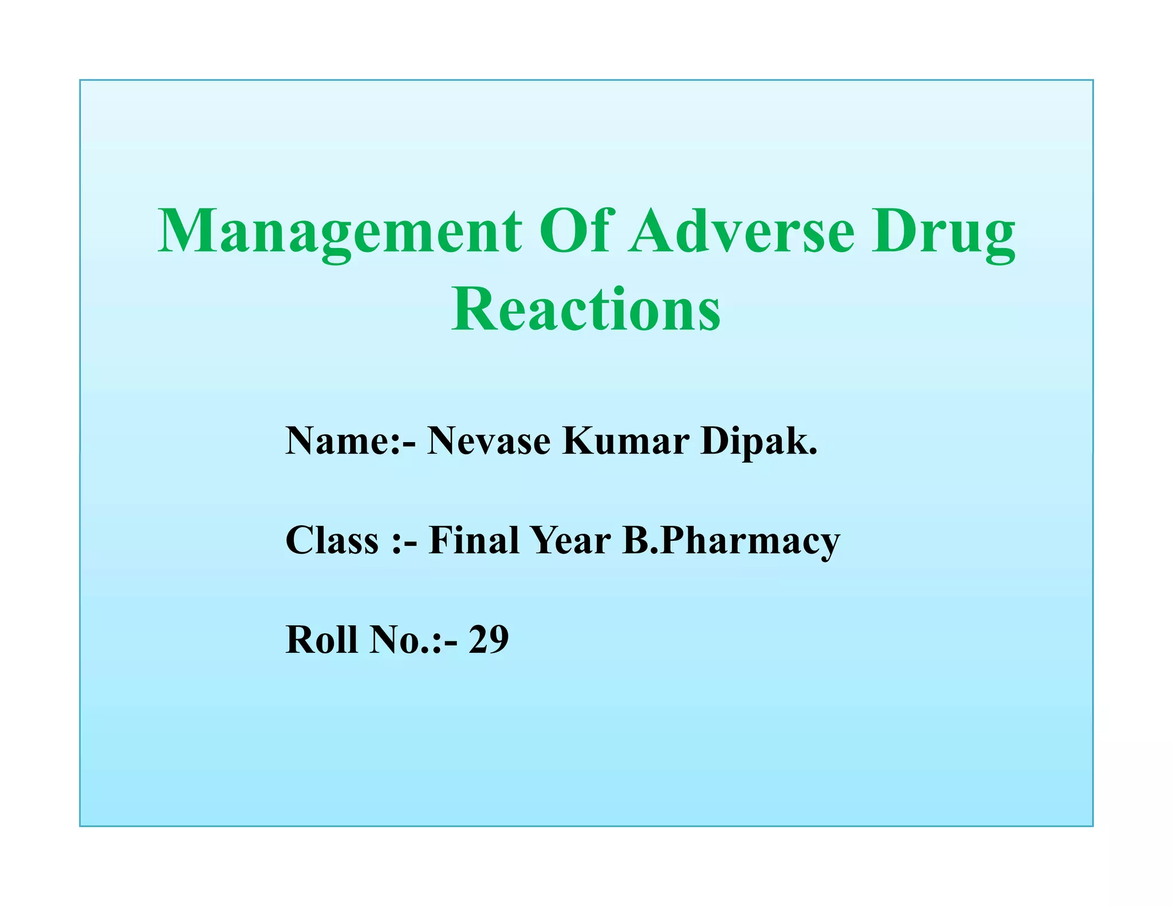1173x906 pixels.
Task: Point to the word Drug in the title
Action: click(943, 232)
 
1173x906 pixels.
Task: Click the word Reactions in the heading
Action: click(586, 309)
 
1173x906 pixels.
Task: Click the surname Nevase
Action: click(489, 441)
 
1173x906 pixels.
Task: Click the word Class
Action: click(332, 540)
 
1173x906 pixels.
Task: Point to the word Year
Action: click(570, 540)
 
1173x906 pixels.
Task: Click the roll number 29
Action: click(489, 639)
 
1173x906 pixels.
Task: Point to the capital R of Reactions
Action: click(471, 309)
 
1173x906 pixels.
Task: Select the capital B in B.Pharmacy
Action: click(636, 540)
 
